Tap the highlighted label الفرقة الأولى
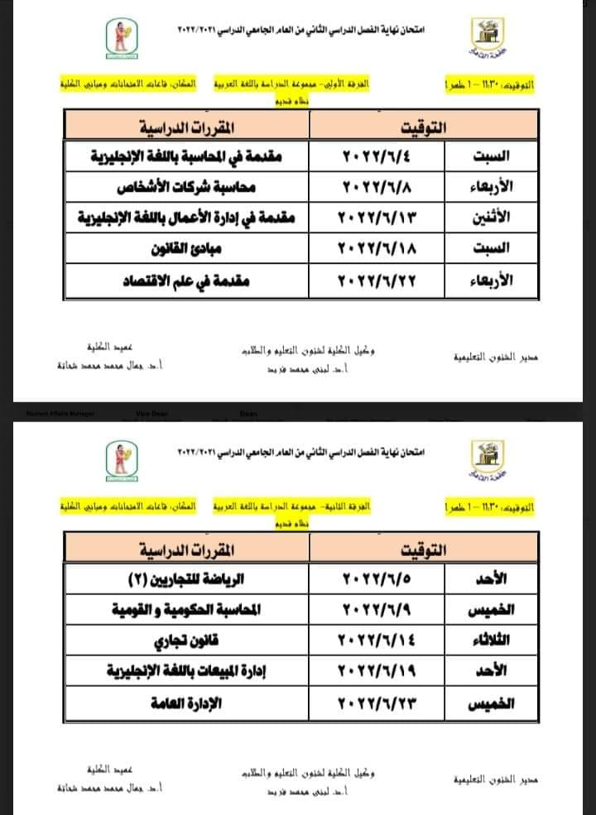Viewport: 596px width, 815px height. click(x=351, y=85)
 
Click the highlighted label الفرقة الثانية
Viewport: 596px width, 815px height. click(x=351, y=504)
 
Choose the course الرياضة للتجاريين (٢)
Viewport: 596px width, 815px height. click(x=199, y=578)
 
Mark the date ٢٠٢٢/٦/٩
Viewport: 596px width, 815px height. click(x=377, y=609)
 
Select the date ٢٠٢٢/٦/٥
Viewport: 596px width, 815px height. click(x=377, y=578)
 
